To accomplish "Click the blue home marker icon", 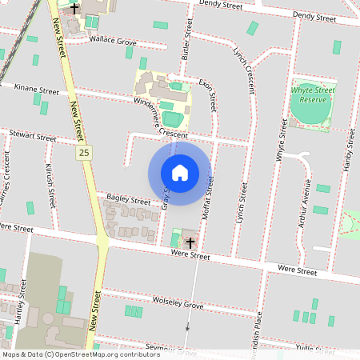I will point(180,173).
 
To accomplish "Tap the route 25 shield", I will point(84,152).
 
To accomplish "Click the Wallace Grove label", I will point(113,39).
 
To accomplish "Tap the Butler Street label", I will point(187,40).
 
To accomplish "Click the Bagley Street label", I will point(129,199).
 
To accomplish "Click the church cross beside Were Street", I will point(190,241).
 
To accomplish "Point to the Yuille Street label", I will point(314,349).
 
